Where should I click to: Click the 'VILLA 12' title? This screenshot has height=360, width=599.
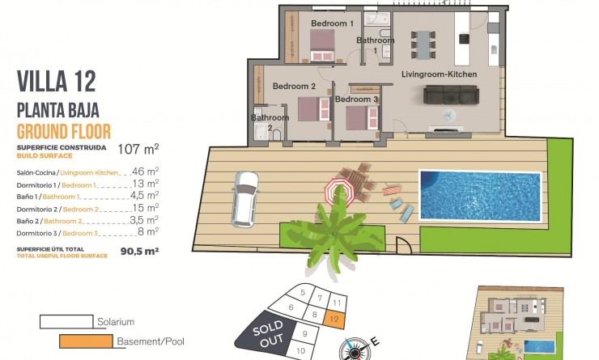[x=57, y=81]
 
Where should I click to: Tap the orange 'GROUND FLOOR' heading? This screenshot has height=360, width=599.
[x=64, y=132]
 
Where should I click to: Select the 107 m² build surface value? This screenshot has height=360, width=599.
[x=138, y=149]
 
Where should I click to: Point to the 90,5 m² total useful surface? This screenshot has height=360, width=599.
[x=138, y=251]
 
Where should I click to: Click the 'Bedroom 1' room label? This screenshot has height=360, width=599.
[x=332, y=24]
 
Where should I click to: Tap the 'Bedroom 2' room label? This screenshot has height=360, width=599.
[x=294, y=86]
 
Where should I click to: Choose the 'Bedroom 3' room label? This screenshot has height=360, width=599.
[x=356, y=100]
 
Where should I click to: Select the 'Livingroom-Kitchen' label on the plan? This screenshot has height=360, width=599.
[x=440, y=74]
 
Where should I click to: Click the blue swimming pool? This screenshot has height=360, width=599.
[x=479, y=195]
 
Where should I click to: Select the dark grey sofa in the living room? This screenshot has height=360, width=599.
[x=452, y=96]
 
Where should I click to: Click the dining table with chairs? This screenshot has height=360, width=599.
[x=425, y=40]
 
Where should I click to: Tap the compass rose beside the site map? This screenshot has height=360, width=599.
[x=355, y=349]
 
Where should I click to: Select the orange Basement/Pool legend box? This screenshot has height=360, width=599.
[x=85, y=341]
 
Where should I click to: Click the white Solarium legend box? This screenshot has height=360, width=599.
[x=65, y=322]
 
